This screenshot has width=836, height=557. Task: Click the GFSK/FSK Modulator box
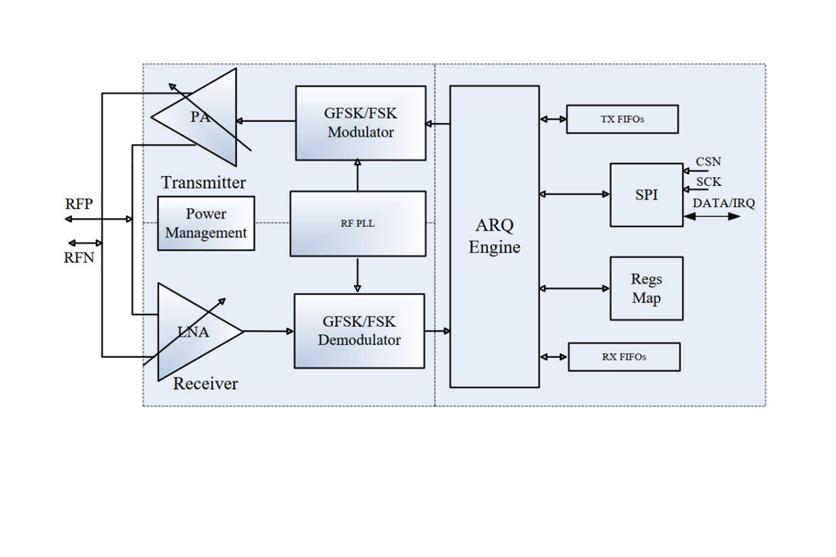click(361, 123)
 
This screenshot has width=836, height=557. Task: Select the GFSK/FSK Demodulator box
click(359, 331)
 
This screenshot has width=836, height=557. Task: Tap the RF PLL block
click(357, 224)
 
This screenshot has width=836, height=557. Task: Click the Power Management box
click(206, 224)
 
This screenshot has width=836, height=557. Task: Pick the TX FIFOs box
click(622, 120)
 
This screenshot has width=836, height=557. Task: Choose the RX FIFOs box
click(624, 357)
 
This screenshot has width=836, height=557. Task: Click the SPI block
click(646, 195)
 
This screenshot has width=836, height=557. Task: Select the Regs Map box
click(646, 288)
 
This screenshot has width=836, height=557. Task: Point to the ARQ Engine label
click(494, 236)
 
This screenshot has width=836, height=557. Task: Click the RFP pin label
click(79, 204)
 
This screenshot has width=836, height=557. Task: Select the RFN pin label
click(79, 258)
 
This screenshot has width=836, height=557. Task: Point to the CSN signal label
click(709, 161)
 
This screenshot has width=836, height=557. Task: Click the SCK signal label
click(709, 182)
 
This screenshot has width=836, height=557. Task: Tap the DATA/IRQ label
click(724, 203)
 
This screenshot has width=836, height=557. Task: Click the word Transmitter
click(203, 183)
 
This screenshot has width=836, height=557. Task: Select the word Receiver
click(205, 383)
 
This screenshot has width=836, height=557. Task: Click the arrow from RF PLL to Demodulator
click(357, 275)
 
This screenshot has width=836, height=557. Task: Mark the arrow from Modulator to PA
click(266, 121)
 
